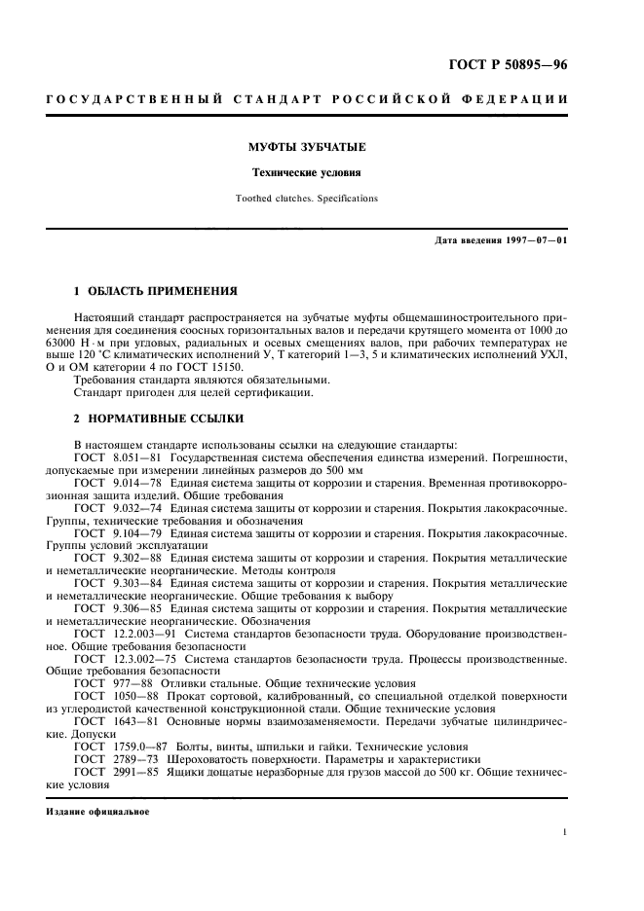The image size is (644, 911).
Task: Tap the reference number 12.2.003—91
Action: [140, 634]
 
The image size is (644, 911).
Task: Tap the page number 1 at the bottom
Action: [565, 833]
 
